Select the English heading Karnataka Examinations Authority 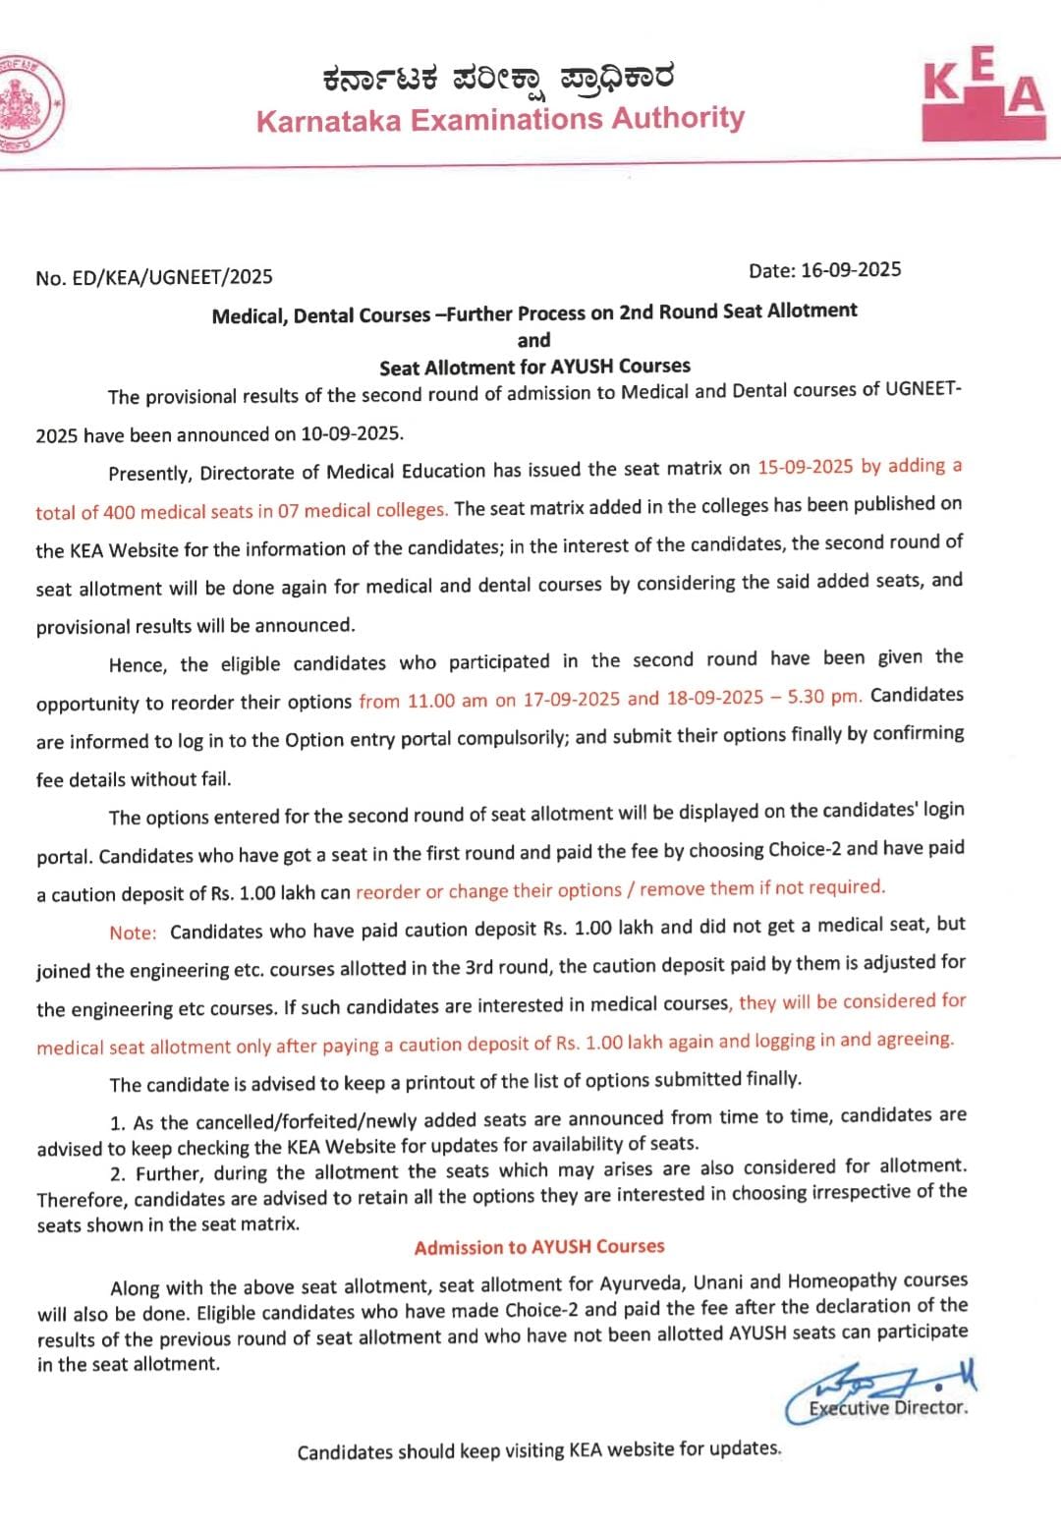tap(500, 119)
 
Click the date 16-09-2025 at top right tap(851, 269)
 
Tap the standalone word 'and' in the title tap(533, 340)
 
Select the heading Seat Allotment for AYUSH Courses tap(534, 367)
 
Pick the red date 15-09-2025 tap(806, 467)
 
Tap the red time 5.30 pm tap(830, 696)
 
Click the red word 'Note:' tap(133, 933)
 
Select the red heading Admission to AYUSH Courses tap(539, 1247)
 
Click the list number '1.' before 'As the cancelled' tap(118, 1122)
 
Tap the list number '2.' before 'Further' tap(118, 1174)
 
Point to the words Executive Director tap(888, 1407)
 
